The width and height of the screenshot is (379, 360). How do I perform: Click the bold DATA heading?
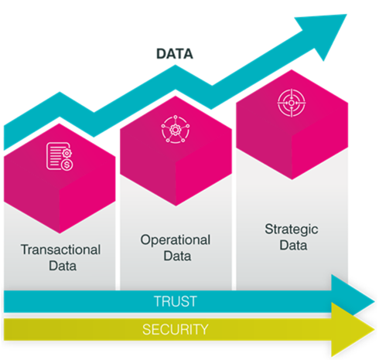pos(175,54)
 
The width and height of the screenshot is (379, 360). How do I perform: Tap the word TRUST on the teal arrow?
pos(176,301)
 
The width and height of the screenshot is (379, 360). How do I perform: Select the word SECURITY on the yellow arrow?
pos(176,329)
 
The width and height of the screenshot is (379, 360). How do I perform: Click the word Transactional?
pos(61,250)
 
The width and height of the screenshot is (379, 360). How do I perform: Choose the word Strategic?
pos(292,229)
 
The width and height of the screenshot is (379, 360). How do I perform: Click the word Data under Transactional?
pos(63,266)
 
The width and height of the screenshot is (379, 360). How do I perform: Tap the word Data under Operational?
pos(177,256)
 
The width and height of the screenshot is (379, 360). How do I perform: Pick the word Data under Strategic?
pos(293,245)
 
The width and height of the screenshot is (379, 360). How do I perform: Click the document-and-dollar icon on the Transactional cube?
pos(60,156)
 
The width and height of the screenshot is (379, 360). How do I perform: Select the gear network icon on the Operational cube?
pos(176,129)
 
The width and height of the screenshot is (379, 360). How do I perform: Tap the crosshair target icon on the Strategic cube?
pos(292,103)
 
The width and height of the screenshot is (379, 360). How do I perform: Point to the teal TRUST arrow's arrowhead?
pos(353,295)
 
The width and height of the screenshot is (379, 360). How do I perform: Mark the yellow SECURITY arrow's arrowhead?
pos(353,330)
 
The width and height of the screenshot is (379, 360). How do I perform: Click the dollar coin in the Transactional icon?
pos(67,165)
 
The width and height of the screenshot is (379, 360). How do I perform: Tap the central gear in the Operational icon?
pos(176,130)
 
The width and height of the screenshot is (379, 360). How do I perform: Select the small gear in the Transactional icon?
pos(67,153)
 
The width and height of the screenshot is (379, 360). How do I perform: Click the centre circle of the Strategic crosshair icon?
pos(292,103)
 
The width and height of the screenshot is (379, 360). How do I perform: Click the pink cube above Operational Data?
pos(176,151)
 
